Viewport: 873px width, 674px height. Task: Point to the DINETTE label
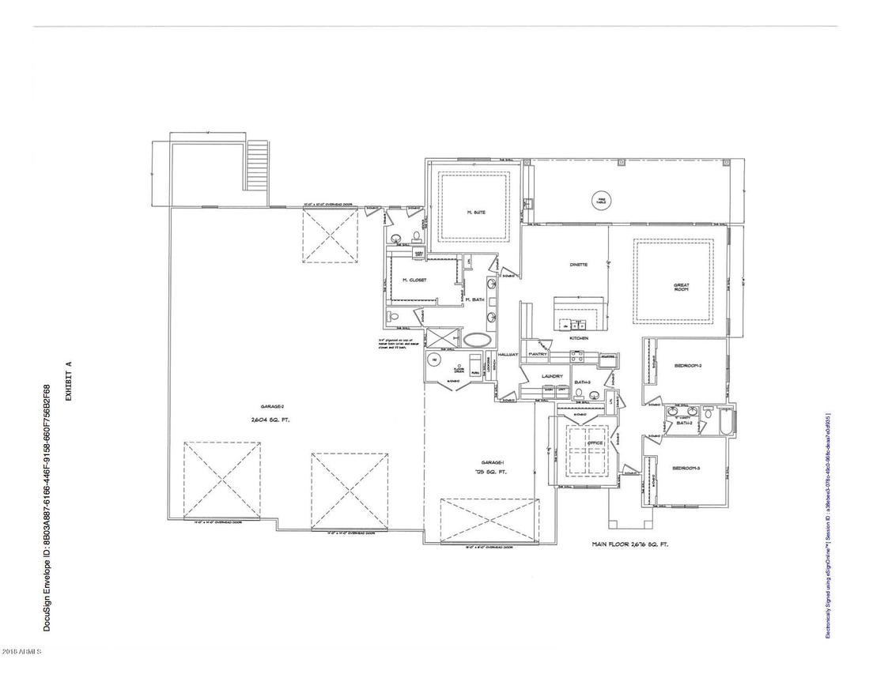tap(579, 265)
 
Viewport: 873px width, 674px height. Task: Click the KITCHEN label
tap(580, 338)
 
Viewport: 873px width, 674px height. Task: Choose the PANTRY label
tap(550, 355)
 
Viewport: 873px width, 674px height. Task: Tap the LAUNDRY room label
tap(552, 376)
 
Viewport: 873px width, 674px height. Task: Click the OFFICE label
tap(595, 442)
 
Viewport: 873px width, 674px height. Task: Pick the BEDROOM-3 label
tap(686, 469)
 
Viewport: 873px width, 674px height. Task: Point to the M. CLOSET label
tap(414, 281)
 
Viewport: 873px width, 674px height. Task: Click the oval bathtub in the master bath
tap(476, 341)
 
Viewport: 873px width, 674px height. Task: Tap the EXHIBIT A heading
tap(70, 382)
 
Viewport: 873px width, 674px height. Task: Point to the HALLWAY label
tap(508, 356)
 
